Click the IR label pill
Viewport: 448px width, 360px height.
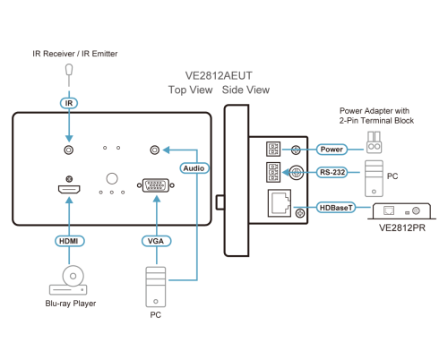click(69, 103)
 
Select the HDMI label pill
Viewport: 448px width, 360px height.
click(69, 241)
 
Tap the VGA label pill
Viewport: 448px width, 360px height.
click(156, 241)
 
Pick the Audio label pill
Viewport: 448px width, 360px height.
click(194, 168)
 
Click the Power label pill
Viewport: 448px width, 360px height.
click(332, 149)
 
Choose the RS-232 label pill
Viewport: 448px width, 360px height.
click(332, 172)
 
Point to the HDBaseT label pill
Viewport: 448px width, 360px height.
click(336, 208)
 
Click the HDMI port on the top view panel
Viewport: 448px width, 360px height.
click(69, 189)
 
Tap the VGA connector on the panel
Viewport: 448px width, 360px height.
click(156, 185)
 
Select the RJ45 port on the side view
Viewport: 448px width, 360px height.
click(280, 202)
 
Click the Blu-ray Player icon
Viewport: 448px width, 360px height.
click(69, 280)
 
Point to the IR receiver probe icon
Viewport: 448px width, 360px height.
click(69, 74)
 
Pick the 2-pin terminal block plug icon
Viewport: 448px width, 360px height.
click(374, 142)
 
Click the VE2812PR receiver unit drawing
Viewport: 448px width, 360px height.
click(401, 211)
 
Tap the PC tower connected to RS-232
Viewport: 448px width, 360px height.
click(374, 178)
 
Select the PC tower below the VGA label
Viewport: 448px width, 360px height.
click(156, 287)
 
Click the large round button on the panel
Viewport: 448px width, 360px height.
click(112, 178)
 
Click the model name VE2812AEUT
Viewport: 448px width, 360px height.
click(219, 75)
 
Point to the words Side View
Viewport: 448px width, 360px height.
click(246, 90)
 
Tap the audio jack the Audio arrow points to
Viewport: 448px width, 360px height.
click(155, 150)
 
